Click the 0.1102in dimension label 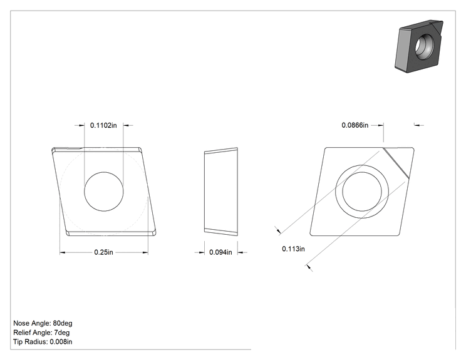click(x=103, y=125)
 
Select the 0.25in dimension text click(x=104, y=252)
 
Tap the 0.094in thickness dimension click(x=220, y=252)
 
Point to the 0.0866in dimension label click(x=355, y=125)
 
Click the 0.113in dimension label click(x=293, y=249)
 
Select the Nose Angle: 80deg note click(x=43, y=323)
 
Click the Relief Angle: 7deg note click(x=41, y=332)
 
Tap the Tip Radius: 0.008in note click(x=43, y=342)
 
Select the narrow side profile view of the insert click(x=221, y=192)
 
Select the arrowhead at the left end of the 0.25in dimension click(x=63, y=252)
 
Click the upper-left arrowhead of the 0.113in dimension click(x=278, y=230)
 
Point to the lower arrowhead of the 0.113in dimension click(x=309, y=267)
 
